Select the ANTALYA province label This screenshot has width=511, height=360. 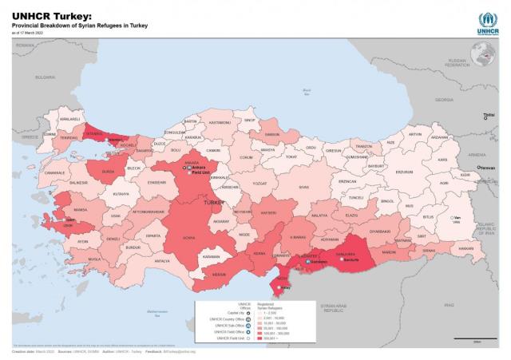point(162,260)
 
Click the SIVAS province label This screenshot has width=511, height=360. point(303,187)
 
